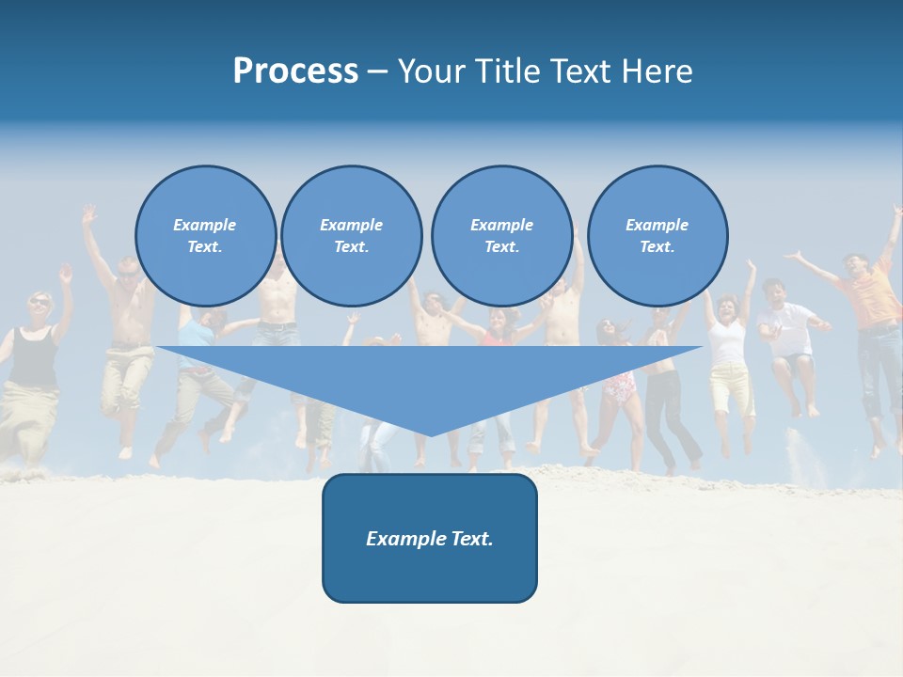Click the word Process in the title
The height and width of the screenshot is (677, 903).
click(x=295, y=71)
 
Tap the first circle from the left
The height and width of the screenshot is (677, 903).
click(x=205, y=236)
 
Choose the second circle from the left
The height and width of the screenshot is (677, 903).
click(x=351, y=236)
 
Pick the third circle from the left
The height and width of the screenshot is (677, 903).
click(x=501, y=236)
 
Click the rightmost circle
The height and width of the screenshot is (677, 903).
click(x=657, y=236)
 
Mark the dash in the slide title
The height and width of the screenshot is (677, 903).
click(x=377, y=71)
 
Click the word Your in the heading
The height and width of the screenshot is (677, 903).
click(x=428, y=71)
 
